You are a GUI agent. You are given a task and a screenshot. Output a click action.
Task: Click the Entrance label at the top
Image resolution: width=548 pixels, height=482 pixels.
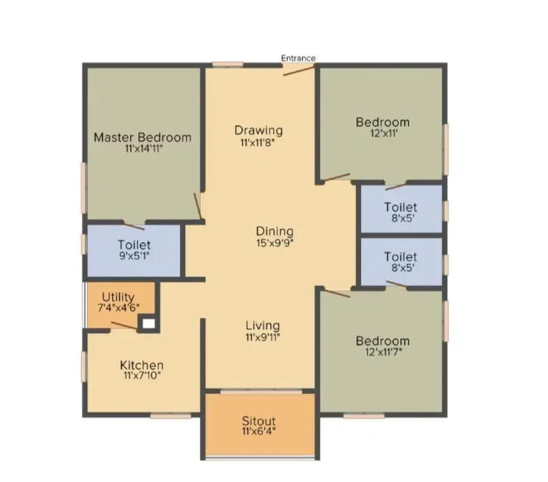pos(298,58)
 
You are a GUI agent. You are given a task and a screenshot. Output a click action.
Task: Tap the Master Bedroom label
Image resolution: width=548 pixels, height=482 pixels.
pos(142,138)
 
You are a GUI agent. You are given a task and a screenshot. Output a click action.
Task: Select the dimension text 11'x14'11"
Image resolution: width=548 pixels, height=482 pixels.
pos(142,149)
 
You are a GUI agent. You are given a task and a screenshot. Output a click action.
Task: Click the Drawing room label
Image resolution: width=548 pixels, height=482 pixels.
pos(258,130)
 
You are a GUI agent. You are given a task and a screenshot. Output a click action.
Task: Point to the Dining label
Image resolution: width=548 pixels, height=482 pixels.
pos(274,232)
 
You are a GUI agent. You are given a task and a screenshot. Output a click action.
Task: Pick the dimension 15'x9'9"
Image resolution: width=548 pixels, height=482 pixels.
pos(274,243)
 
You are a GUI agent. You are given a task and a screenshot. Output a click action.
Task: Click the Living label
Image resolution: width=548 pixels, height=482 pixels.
pos(262,325)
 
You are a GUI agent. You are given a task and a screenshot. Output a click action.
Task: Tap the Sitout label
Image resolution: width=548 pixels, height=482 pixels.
pos(259,421)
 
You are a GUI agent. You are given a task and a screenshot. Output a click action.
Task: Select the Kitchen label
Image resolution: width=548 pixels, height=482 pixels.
pos(142,365)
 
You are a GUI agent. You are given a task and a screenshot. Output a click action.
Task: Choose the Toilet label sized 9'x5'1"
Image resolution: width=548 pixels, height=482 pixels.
pos(134,245)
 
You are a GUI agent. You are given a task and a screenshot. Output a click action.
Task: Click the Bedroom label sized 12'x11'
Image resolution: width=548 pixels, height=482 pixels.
pos(382,122)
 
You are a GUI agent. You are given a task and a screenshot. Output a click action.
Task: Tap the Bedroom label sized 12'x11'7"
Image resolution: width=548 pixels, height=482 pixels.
pos(382,341)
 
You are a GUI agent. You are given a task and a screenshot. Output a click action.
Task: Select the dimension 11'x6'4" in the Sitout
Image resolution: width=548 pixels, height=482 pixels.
pos(259,432)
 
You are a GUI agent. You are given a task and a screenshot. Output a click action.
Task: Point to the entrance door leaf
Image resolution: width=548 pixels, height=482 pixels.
pos(299,70)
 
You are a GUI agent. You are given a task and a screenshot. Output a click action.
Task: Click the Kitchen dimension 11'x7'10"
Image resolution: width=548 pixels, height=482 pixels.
pos(142,375)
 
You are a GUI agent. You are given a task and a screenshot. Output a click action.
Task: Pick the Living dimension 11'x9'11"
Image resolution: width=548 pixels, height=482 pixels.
pos(262,337)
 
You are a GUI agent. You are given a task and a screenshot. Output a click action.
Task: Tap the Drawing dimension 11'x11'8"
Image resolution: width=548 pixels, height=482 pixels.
pos(258,141)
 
